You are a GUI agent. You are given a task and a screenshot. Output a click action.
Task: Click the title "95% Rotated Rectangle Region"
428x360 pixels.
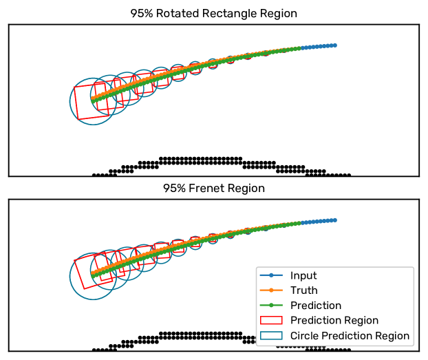click(213, 13)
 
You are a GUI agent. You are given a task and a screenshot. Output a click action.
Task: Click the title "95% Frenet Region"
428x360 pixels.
click(213, 188)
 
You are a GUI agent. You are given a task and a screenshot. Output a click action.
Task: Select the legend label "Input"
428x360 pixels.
click(303, 275)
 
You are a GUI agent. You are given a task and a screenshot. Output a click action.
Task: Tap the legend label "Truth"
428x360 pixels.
click(303, 290)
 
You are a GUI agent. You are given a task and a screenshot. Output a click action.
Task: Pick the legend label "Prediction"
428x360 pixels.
click(316, 306)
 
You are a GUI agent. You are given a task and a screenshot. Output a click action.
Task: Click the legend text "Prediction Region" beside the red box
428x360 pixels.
click(334, 321)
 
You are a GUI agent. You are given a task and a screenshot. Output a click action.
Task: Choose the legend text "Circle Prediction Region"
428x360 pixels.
click(350, 336)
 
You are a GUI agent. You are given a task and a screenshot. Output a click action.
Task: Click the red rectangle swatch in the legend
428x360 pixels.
click(272, 321)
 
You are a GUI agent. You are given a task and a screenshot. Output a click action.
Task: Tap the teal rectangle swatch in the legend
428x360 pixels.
click(272, 336)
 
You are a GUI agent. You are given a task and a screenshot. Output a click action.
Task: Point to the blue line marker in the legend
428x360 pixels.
click(272, 275)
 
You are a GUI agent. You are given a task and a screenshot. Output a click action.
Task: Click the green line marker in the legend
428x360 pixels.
click(272, 306)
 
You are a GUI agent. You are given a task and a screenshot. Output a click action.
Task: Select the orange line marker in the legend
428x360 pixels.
click(272, 290)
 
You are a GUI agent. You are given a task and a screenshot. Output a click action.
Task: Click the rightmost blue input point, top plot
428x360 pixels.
click(334, 45)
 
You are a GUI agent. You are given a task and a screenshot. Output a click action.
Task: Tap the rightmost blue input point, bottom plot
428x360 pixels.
click(334, 220)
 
